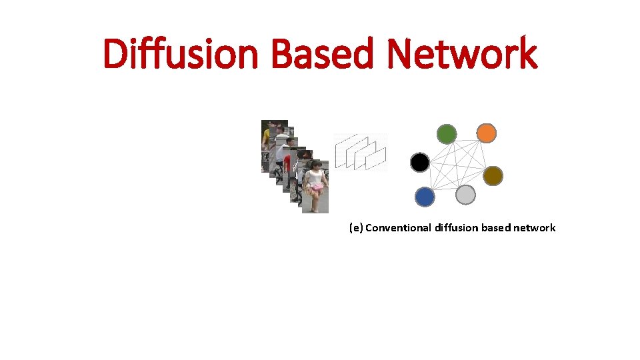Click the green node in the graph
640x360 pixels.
(447, 135)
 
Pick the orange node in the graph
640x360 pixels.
(487, 133)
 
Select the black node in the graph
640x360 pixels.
(420, 162)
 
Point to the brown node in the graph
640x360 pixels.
(493, 176)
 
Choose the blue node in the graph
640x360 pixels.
(425, 197)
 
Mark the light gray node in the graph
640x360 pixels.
(465, 195)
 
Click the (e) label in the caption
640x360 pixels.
(355, 228)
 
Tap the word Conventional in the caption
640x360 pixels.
(398, 228)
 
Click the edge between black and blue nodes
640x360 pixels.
(422, 179)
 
